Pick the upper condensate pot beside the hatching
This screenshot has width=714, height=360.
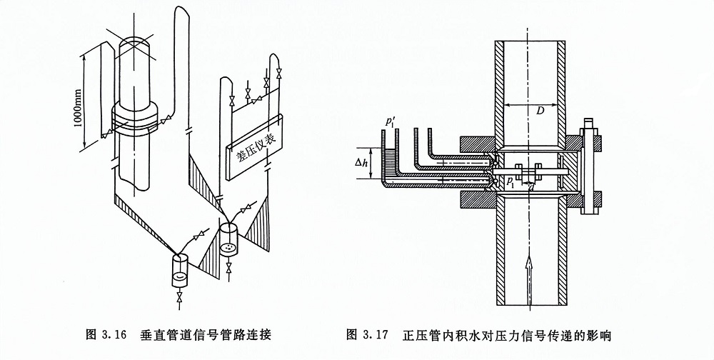[228, 239]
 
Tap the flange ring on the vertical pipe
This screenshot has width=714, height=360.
[136, 119]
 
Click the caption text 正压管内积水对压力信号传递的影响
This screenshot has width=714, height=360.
[507, 334]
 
